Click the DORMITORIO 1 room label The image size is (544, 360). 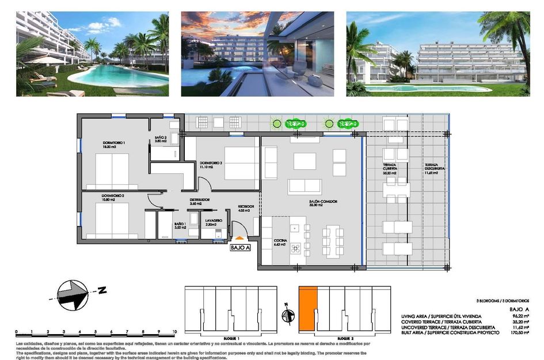[114, 143]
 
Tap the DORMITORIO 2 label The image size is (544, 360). [113, 196]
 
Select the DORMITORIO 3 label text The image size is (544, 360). [211, 163]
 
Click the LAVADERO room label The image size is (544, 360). [214, 221]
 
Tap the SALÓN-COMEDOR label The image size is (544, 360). [323, 202]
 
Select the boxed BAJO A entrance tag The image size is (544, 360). [240, 248]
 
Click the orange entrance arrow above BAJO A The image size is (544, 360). [239, 237]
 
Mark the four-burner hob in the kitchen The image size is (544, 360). [296, 248]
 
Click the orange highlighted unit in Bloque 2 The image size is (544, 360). [308, 308]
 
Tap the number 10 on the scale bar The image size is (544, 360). [174, 332]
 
